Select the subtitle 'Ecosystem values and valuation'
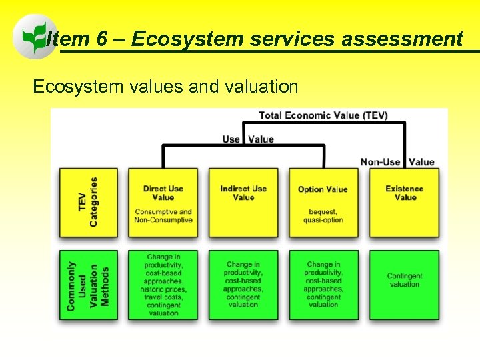[165, 87]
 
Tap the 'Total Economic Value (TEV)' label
[323, 115]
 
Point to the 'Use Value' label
[248, 139]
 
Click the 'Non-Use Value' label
[397, 162]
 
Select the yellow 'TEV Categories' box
[88, 203]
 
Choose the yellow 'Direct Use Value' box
[163, 203]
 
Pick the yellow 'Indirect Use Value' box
[243, 203]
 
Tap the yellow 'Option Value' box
[323, 203]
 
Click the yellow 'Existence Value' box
[405, 203]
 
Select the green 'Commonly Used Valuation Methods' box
[88, 285]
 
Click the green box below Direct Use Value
[163, 285]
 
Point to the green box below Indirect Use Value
[243, 285]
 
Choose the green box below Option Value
[323, 285]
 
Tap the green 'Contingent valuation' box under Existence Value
[405, 285]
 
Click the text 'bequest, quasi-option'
[323, 216]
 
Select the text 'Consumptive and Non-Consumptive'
[163, 216]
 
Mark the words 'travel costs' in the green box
[163, 297]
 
